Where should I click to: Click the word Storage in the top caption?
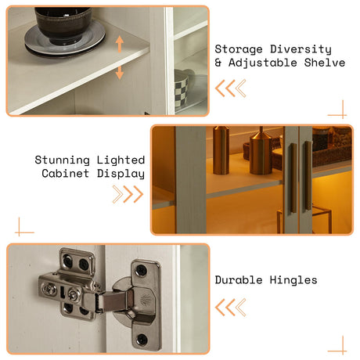[x=239, y=49]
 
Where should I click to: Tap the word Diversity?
[x=301, y=49]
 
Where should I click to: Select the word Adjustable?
[x=263, y=63]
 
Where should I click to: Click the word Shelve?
[x=325, y=63]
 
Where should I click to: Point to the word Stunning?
[x=62, y=160]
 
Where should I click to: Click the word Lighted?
[x=121, y=160]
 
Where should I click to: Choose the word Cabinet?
[x=65, y=174]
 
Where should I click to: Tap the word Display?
[x=121, y=174]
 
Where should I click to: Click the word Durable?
[x=239, y=280]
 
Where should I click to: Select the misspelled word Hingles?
[x=293, y=280]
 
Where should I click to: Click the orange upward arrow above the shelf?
[x=120, y=45]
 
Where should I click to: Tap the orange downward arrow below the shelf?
[x=120, y=72]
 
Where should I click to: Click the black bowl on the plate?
[x=63, y=25]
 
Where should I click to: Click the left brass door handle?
[x=293, y=178]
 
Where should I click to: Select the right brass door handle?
[x=308, y=175]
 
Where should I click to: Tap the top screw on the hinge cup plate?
[x=142, y=269]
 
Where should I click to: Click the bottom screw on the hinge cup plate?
[x=142, y=339]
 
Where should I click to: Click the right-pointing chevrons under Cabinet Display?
[x=128, y=194]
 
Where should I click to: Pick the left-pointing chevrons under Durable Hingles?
[x=231, y=308]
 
